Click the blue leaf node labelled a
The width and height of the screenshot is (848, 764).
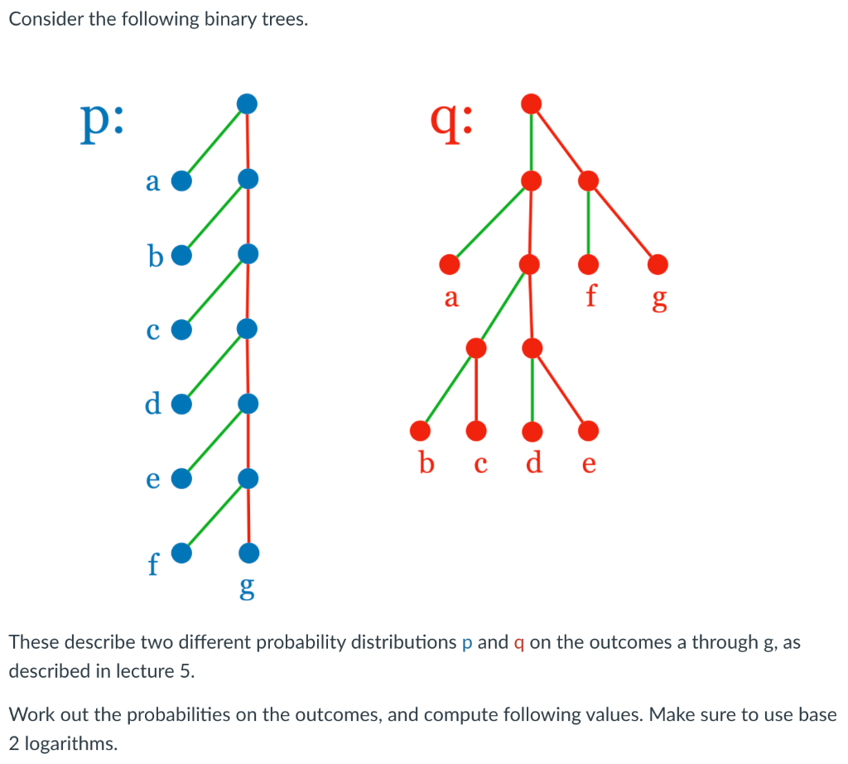(181, 180)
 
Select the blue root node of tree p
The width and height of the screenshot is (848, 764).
(247, 104)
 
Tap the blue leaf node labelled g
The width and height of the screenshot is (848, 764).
(248, 552)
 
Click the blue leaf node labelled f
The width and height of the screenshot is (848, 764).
(181, 553)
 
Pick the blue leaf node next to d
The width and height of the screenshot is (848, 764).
(181, 404)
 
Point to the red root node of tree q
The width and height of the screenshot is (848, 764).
(532, 104)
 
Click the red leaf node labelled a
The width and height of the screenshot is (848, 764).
(450, 264)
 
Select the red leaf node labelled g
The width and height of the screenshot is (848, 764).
(658, 264)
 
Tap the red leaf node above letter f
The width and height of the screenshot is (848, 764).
(588, 264)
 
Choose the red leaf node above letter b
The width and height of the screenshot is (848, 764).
(421, 430)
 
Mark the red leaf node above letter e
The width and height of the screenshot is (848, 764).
(589, 431)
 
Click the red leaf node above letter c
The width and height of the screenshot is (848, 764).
(475, 431)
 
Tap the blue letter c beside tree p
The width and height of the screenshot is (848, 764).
(152, 331)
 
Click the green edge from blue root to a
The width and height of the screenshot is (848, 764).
(214, 142)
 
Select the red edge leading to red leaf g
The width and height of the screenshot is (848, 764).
(623, 221)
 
